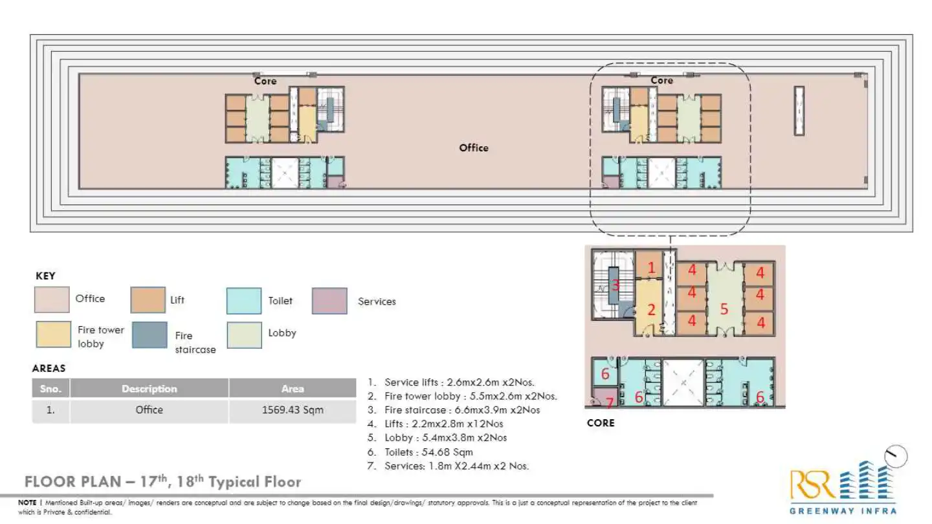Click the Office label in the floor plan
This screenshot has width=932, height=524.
point(474,147)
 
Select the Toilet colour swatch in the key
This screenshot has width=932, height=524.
point(244,301)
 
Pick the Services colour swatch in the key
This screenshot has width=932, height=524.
point(329,301)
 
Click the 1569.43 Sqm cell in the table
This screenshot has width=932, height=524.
point(293,410)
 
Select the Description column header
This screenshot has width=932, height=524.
point(149,389)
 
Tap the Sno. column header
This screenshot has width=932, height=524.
point(50,389)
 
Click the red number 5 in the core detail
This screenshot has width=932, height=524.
point(724,310)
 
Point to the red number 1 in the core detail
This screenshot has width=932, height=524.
point(651,267)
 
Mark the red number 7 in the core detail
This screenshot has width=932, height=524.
point(609,403)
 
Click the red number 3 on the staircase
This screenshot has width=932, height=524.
point(616,285)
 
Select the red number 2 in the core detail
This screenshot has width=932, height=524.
point(651,311)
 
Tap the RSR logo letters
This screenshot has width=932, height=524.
point(814,485)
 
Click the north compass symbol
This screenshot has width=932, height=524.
point(896,457)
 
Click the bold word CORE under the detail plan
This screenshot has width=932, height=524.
point(600,423)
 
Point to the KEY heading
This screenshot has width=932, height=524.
point(45,276)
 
